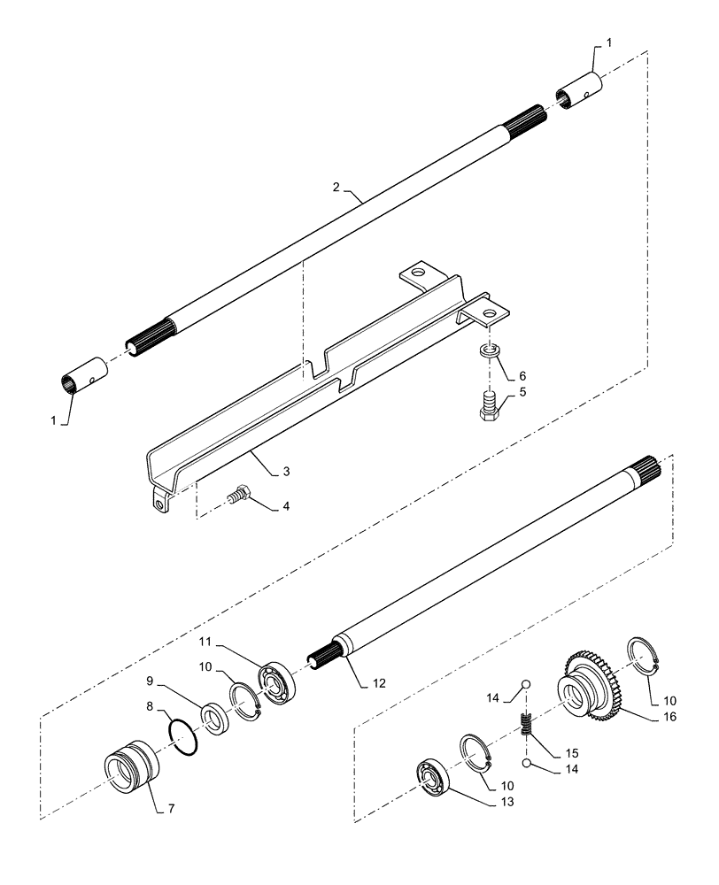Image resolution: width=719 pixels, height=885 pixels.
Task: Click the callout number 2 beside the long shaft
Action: point(336,187)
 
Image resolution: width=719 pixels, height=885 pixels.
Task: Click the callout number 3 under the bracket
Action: point(285,471)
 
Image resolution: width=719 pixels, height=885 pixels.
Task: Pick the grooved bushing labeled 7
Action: point(130,762)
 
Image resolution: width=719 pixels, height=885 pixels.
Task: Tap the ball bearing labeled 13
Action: point(435,779)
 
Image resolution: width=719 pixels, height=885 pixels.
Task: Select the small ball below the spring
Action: point(525,763)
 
